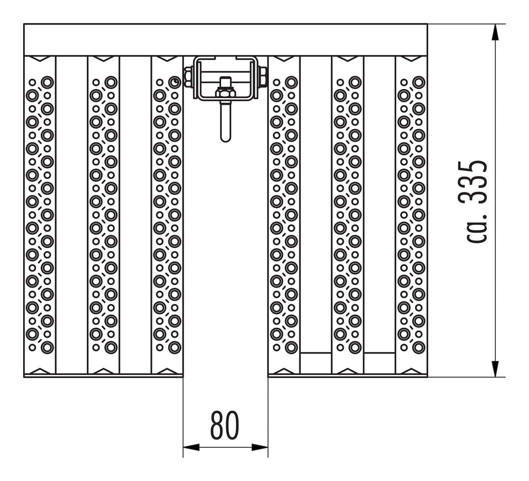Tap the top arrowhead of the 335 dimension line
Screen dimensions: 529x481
click(x=495, y=33)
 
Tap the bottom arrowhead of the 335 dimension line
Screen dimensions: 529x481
click(x=495, y=369)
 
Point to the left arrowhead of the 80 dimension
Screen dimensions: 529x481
click(x=191, y=447)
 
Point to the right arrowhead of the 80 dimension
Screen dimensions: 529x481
click(x=260, y=447)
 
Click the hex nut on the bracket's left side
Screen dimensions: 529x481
click(x=188, y=77)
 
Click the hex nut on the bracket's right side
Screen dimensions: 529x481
click(x=263, y=77)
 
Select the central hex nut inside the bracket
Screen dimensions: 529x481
click(x=225, y=92)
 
